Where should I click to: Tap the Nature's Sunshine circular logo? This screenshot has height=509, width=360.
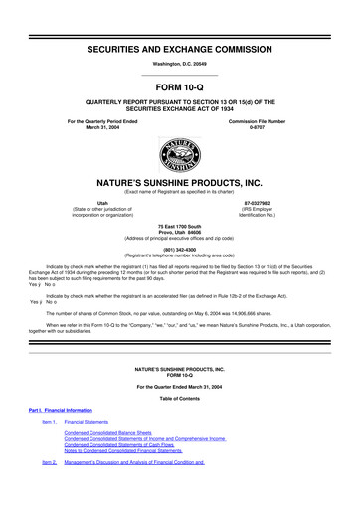[x=180, y=154]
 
